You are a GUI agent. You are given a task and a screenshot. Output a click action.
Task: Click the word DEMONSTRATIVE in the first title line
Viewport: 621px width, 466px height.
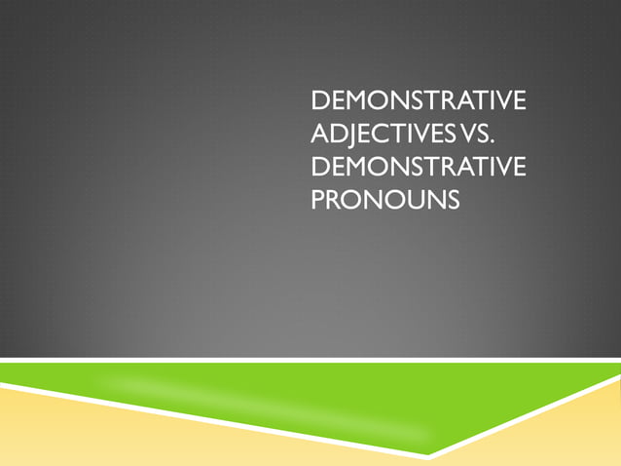tap(417, 100)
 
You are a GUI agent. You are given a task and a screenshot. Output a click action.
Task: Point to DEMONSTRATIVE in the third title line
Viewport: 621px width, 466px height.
tap(417, 168)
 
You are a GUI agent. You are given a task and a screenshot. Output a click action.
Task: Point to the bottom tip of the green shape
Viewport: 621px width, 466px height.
tap(427, 452)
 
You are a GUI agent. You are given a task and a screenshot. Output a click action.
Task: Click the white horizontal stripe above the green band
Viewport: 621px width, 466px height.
tap(292, 361)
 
